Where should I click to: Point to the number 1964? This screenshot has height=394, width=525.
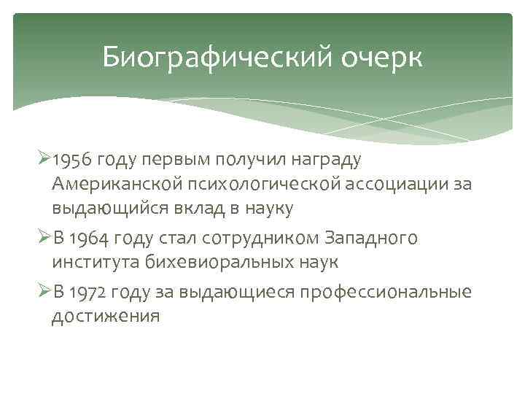93,239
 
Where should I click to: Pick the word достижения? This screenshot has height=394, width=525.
105,317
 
